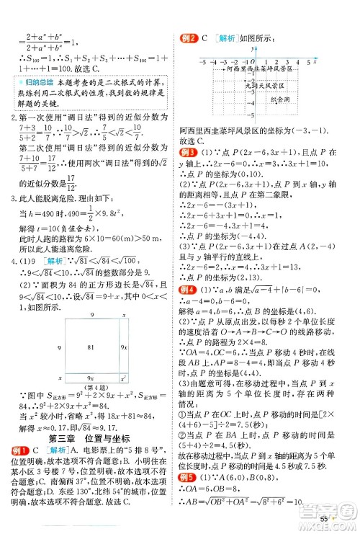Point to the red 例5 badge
pos(189,477)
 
